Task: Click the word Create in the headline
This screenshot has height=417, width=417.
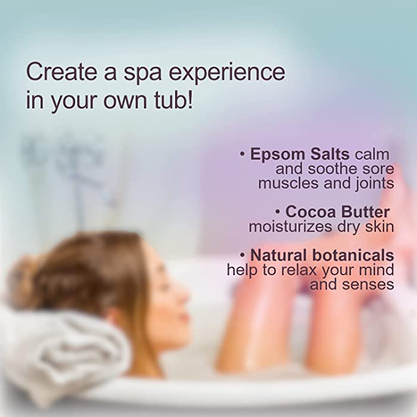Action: pyautogui.click(x=61, y=72)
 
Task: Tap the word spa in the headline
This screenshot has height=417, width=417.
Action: pyautogui.click(x=142, y=74)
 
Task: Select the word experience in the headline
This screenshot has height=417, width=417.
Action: pyautogui.click(x=227, y=74)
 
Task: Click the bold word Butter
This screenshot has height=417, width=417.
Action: pyautogui.click(x=365, y=212)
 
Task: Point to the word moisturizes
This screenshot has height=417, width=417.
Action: pyautogui.click(x=291, y=227)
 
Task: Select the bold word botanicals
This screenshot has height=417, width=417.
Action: pyautogui.click(x=353, y=255)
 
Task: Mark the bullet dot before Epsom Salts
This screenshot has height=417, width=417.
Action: pyautogui.click(x=242, y=154)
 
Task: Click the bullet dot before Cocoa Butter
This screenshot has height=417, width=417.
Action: pyautogui.click(x=278, y=212)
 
